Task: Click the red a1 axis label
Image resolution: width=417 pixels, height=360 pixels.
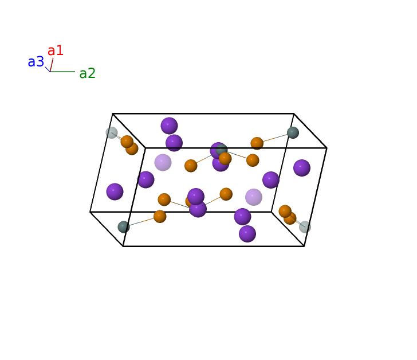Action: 56,50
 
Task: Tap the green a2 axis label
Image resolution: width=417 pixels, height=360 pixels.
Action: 87,73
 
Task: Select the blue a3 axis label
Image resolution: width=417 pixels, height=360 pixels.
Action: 36,62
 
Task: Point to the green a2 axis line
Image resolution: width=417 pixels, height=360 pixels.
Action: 62,72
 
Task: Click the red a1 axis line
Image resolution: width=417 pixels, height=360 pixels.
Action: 52,65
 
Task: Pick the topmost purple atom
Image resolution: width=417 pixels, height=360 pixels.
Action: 169,126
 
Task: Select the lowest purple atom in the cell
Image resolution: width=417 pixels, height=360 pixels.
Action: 247,234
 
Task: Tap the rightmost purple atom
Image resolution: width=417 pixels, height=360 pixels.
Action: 302,168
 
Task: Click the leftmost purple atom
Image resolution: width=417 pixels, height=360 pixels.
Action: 115,191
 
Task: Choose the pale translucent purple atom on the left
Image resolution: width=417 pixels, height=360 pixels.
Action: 163,162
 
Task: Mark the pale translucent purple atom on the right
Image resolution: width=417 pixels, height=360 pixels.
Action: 253,197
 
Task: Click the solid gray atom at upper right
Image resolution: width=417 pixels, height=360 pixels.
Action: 293,132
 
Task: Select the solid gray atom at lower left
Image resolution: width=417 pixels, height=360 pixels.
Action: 124,227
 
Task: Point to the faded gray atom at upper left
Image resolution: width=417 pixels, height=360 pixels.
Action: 112,132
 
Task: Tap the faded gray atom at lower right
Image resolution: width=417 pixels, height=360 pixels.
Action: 305,227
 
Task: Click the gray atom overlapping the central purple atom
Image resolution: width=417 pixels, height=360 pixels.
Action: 222,150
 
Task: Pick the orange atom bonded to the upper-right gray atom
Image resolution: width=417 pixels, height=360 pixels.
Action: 257,143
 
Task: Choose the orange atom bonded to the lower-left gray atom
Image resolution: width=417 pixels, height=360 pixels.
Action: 160,216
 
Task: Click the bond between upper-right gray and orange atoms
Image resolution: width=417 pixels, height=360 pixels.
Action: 276,138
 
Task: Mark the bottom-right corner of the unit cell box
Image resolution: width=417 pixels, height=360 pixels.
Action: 304,246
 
